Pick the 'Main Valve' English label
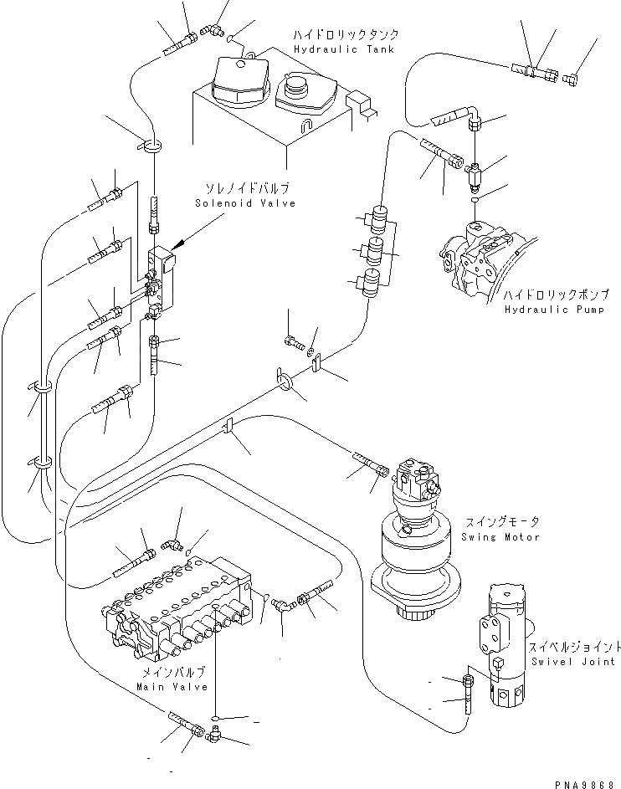point(171,687)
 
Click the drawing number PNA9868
point(588,780)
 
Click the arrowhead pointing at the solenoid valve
point(178,246)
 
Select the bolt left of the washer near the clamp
point(293,341)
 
